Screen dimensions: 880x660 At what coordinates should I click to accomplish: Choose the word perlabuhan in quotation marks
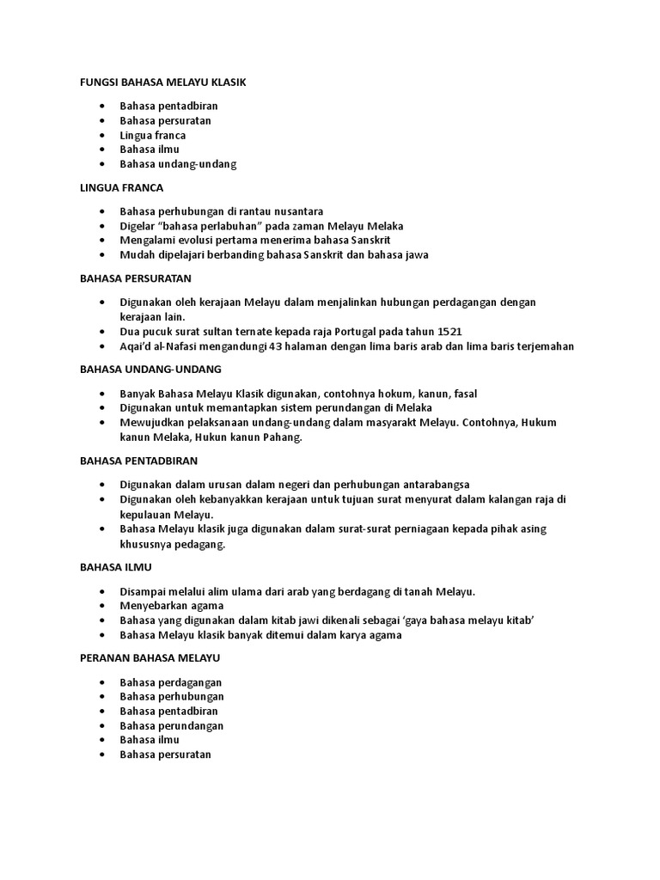coord(199,225)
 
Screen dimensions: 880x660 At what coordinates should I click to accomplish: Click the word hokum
coord(381,393)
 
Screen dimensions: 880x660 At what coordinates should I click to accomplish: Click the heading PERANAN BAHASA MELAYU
coord(150,657)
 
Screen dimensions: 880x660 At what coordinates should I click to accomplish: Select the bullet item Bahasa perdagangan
coord(171,681)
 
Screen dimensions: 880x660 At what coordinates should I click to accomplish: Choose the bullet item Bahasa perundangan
coord(172,725)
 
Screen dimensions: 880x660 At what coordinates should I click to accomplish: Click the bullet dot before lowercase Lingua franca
coord(103,136)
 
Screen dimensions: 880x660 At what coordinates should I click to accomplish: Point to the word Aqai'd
coord(138,346)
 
